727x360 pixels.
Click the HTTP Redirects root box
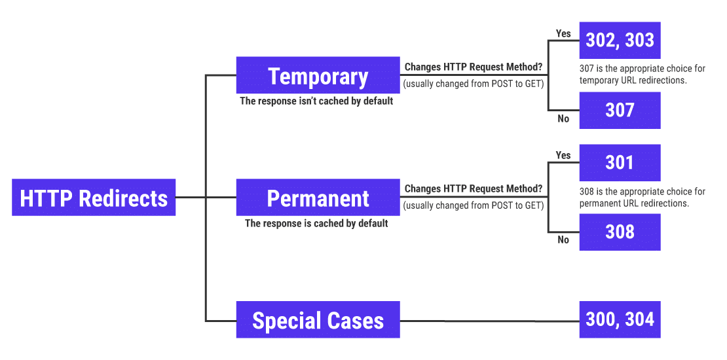point(94,198)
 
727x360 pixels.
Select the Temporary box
point(318,75)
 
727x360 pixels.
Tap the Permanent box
point(318,198)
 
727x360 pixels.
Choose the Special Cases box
point(318,320)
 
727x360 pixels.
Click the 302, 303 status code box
point(620,41)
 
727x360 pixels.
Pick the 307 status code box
point(620,110)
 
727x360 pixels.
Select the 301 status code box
point(620,162)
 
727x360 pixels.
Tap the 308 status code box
point(620,232)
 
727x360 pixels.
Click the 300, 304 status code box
point(620,319)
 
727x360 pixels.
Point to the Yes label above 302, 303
point(563,33)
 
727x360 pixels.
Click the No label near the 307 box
point(563,118)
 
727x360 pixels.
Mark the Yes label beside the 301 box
point(563,155)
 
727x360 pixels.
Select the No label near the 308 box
point(563,240)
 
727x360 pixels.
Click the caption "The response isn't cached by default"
point(316,101)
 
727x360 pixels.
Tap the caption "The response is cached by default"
point(316,223)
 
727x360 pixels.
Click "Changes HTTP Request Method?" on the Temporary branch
point(473,67)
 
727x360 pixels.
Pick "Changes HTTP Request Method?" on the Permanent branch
point(473,189)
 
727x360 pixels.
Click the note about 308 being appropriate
point(642,198)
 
